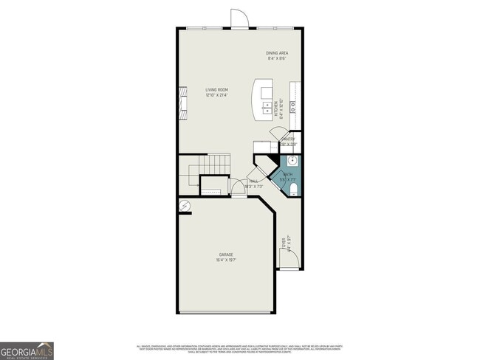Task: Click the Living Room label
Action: tap(217, 90)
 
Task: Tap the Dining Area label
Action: tap(277, 53)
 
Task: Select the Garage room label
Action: tap(226, 255)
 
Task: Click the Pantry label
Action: tap(289, 138)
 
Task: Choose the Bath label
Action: tap(287, 175)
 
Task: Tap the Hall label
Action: tap(253, 181)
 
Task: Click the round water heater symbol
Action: tap(184, 206)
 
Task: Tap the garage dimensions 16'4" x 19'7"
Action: tap(226, 260)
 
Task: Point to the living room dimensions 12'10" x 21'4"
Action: tap(217, 95)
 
